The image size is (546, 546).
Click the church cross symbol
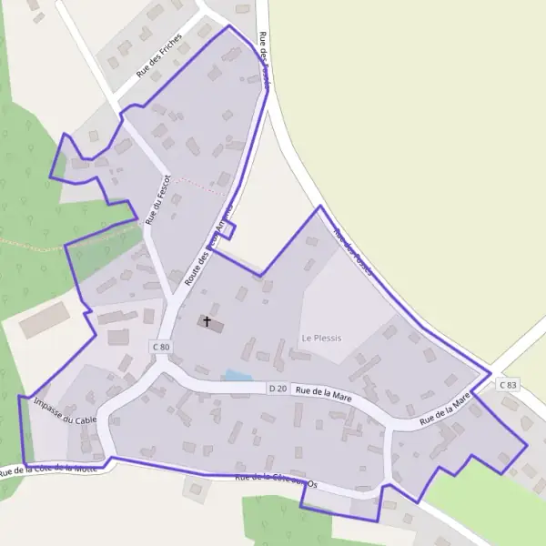click(x=207, y=321)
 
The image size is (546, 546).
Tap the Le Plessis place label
click(x=321, y=338)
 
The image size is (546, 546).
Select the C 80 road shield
click(x=161, y=347)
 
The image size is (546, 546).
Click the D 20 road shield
click(x=278, y=389)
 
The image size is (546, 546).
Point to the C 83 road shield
click(x=508, y=385)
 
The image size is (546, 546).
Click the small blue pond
click(x=238, y=375)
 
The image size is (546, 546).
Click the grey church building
click(x=215, y=324)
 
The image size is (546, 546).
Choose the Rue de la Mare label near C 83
click(x=445, y=409)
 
